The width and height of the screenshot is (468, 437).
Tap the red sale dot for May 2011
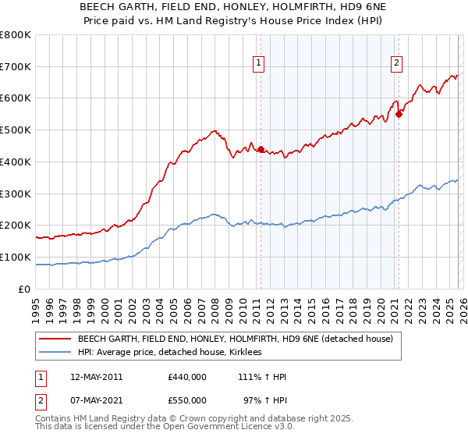pos(261,149)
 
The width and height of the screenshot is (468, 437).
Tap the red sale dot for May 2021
pos(399,114)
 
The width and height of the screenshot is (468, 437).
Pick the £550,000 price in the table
pos(187,400)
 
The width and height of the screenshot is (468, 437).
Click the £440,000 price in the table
pos(187,377)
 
